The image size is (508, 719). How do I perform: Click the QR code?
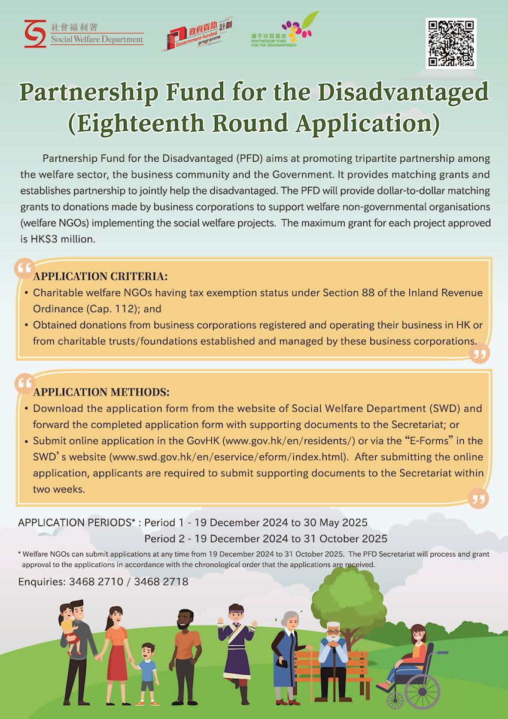[451, 43]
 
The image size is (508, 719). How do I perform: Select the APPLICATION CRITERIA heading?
[101, 277]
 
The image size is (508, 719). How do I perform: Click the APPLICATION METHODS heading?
[102, 392]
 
